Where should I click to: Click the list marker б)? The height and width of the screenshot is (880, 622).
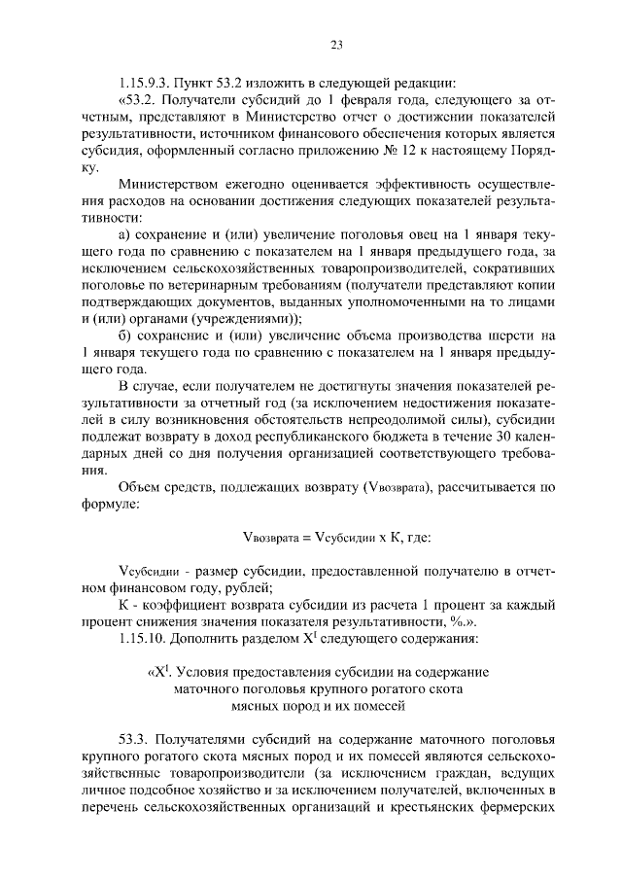pyautogui.click(x=123, y=334)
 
